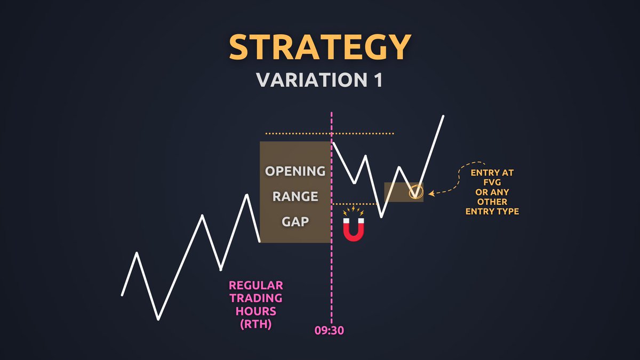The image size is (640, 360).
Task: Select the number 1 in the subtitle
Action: tap(377, 80)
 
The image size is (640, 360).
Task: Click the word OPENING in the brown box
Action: tap(295, 171)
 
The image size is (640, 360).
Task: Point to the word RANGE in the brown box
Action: tap(295, 196)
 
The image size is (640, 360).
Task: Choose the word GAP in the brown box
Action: tap(295, 221)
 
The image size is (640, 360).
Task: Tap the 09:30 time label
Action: tap(329, 331)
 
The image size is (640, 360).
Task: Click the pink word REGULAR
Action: tap(256, 285)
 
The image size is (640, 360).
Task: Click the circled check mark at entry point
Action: tap(415, 192)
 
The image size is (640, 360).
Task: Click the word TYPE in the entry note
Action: tap(507, 212)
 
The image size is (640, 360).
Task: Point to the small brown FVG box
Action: tap(397, 192)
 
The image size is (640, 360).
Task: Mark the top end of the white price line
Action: tap(443, 116)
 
